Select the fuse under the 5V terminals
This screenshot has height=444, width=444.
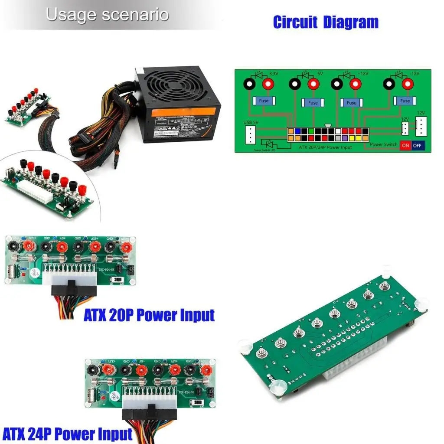[x=313, y=103]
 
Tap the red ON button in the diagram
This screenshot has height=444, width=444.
[x=405, y=145]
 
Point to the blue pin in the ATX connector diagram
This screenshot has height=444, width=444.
[x=297, y=131]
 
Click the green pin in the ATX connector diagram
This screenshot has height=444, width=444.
[x=311, y=131]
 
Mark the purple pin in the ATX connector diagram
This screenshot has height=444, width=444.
[x=345, y=138]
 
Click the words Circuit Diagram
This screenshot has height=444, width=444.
[x=326, y=22]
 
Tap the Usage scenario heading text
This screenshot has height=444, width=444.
[x=107, y=15]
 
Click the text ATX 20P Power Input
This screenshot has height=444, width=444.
[x=149, y=315]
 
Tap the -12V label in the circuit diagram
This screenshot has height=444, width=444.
[x=415, y=74]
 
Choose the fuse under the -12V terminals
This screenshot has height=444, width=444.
[x=405, y=101]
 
